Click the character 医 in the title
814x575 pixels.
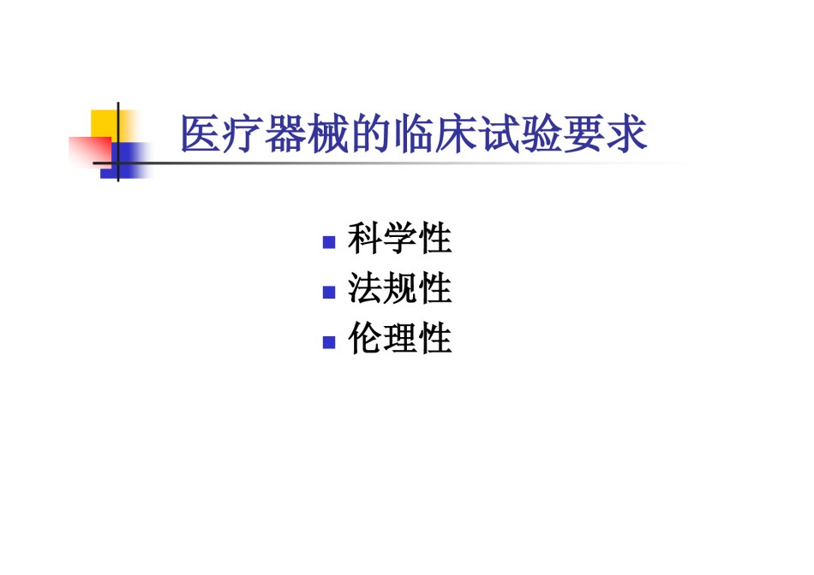pyautogui.click(x=201, y=133)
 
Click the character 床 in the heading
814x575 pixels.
pyautogui.click(x=456, y=133)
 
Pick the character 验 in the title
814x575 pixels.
pyautogui.click(x=541, y=133)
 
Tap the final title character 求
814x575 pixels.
pyautogui.click(x=626, y=133)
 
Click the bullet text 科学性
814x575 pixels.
pyautogui.click(x=400, y=239)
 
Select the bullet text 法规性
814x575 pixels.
pyautogui.click(x=400, y=288)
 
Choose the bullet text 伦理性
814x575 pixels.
pyautogui.click(x=400, y=338)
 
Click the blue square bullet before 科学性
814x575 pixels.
pyautogui.click(x=329, y=242)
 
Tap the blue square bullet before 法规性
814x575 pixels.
pyautogui.click(x=329, y=293)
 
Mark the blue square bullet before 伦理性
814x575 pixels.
pyautogui.click(x=329, y=342)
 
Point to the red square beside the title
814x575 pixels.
pyautogui.click(x=90, y=151)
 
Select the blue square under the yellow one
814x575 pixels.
pyautogui.click(x=124, y=161)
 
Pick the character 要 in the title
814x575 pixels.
pyautogui.click(x=584, y=133)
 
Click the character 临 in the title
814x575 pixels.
pyautogui.click(x=413, y=133)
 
